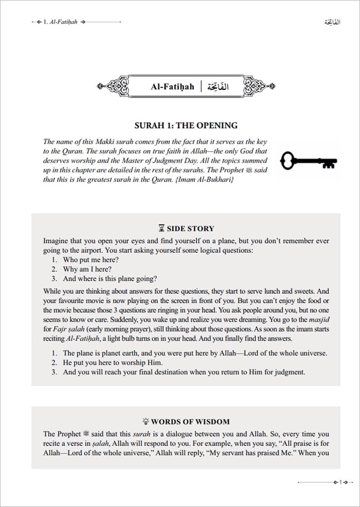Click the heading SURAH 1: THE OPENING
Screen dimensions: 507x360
tap(186, 126)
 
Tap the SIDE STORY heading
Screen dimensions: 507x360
tap(190, 228)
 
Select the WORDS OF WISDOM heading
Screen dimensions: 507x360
tap(190, 422)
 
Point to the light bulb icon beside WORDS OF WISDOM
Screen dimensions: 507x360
tap(145, 422)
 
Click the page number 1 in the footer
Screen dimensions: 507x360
tap(342, 482)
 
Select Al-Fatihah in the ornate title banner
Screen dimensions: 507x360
tap(172, 86)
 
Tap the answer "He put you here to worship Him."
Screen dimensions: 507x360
tap(113, 363)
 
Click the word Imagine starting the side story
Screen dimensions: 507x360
tap(57, 241)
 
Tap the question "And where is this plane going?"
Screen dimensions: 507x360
tap(110, 278)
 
